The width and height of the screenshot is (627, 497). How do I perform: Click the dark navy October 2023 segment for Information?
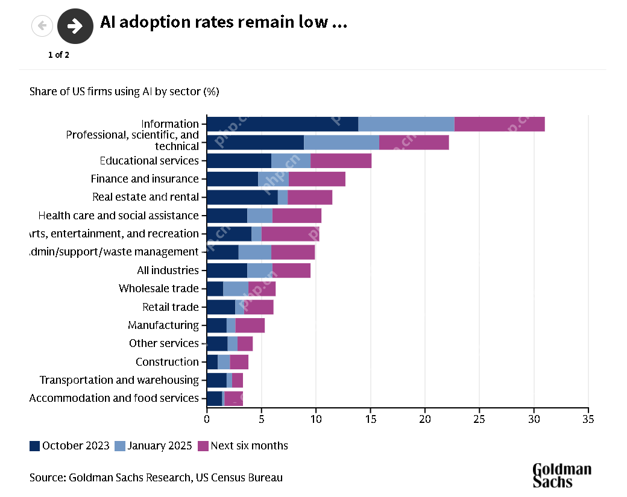282,124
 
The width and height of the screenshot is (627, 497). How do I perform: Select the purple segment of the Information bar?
499,124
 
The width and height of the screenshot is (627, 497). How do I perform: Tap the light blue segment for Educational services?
291,161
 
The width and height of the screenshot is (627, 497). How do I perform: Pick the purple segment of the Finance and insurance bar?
317,179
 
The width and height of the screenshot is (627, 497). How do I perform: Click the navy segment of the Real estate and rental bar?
242,197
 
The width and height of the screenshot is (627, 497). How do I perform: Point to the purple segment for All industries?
291,270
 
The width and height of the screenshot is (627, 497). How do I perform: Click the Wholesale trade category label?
159,289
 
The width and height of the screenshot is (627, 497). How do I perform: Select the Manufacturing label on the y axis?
163,325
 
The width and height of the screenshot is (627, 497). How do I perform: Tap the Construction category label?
167,362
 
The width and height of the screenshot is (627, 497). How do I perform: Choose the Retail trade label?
171,307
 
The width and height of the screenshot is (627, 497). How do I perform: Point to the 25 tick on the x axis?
479,418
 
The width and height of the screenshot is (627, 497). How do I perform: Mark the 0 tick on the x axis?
207,418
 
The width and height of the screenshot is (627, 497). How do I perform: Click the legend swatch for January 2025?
119,446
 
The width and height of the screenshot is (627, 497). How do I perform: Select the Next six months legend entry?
249,446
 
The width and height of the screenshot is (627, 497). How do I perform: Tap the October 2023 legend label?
76,446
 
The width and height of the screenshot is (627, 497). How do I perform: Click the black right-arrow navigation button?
75,26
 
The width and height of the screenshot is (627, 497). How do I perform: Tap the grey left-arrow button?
42,25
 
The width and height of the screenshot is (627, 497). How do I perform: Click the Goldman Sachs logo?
562,475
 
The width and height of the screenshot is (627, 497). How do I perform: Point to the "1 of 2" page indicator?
58,55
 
